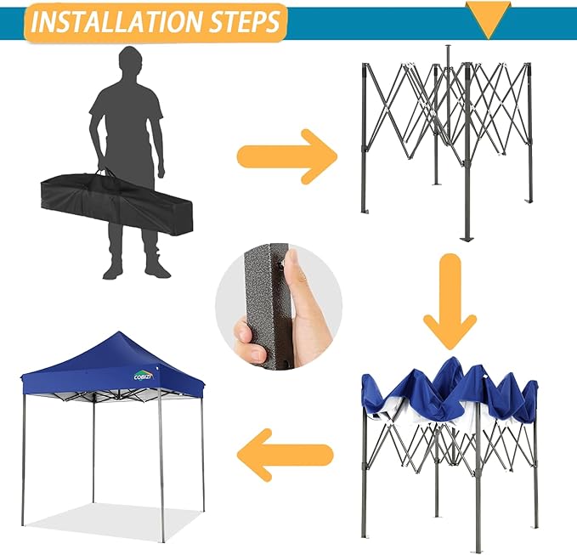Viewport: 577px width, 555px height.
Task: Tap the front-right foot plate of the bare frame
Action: [465, 239]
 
